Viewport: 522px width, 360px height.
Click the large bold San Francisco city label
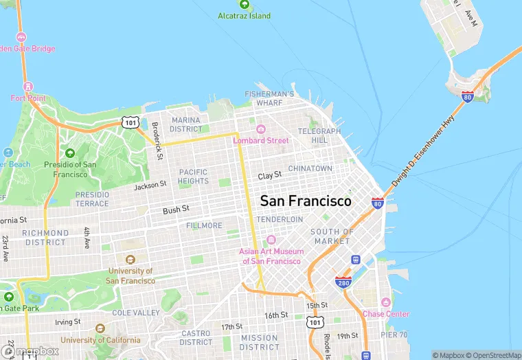[306, 201]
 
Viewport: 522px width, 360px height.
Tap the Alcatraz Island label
[245, 16]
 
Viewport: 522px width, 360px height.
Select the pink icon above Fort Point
[28, 87]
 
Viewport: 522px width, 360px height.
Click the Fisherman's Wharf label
[270, 98]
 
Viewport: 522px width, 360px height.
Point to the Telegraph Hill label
[319, 135]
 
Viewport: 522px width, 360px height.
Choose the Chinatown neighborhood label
[310, 168]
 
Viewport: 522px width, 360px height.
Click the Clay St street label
[270, 176]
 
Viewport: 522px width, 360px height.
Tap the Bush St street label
[176, 209]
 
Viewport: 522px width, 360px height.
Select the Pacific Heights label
[193, 177]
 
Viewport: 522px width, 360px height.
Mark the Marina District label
[186, 124]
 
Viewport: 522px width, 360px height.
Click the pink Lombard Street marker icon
[261, 129]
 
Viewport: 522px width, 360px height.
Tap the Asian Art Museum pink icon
[271, 240]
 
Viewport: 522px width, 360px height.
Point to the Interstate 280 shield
[343, 282]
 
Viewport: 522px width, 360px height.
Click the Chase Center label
[386, 314]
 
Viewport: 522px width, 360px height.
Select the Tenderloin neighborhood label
[280, 219]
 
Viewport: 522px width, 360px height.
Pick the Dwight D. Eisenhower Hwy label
[423, 151]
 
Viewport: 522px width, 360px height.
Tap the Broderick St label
[157, 141]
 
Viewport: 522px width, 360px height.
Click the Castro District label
[196, 337]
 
